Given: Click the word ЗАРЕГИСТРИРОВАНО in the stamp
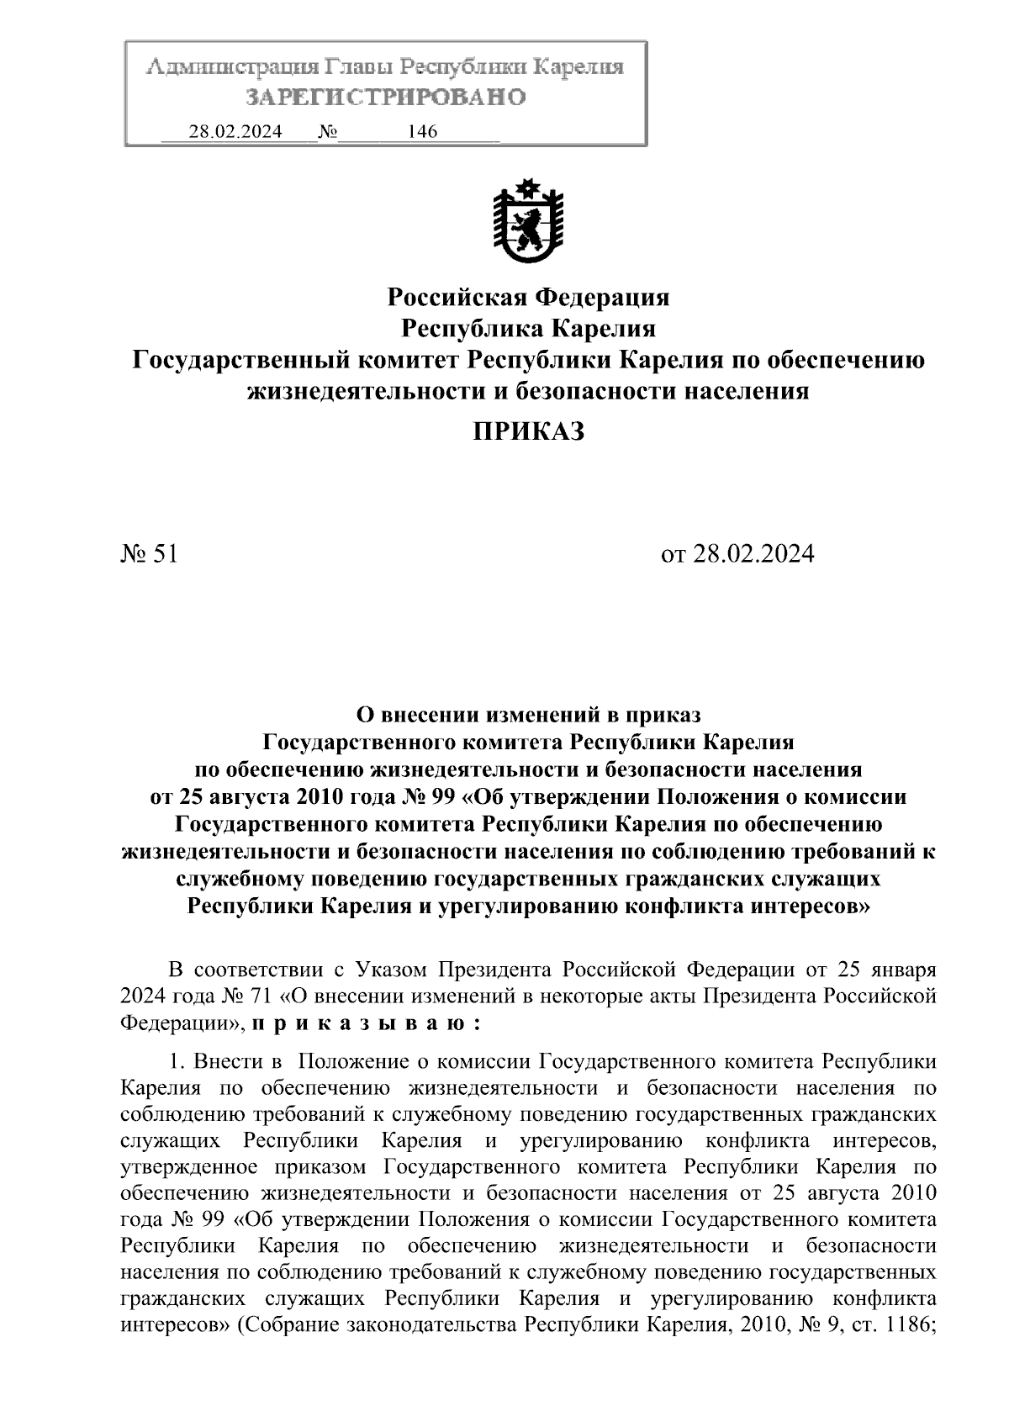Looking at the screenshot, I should (x=386, y=98).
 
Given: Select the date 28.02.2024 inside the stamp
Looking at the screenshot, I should (x=235, y=131).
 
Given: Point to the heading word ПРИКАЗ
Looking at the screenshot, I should (x=527, y=432).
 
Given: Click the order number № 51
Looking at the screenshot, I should (x=149, y=554).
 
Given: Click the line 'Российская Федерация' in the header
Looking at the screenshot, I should (x=528, y=297).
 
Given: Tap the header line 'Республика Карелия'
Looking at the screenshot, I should (x=528, y=328).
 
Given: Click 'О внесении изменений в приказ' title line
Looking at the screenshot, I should (x=528, y=715).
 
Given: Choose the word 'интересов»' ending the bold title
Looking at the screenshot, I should (x=810, y=906).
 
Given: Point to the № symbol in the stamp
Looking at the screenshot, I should (x=327, y=131).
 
